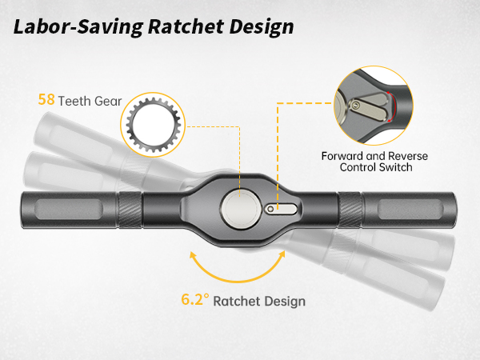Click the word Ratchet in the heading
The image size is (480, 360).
(x=186, y=26)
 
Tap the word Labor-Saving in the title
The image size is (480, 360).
(x=78, y=27)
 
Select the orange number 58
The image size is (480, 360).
(x=46, y=99)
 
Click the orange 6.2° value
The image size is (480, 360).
(x=195, y=299)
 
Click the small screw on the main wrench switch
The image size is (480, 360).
(x=270, y=210)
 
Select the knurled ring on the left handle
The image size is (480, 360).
(x=130, y=210)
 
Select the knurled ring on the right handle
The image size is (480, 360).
(x=350, y=210)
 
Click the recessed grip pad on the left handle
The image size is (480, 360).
(x=69, y=210)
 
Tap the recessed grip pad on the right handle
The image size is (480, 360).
(x=410, y=210)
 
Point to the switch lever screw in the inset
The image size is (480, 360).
(x=355, y=106)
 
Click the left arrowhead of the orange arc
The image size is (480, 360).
(x=193, y=255)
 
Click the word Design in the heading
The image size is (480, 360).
(x=262, y=27)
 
